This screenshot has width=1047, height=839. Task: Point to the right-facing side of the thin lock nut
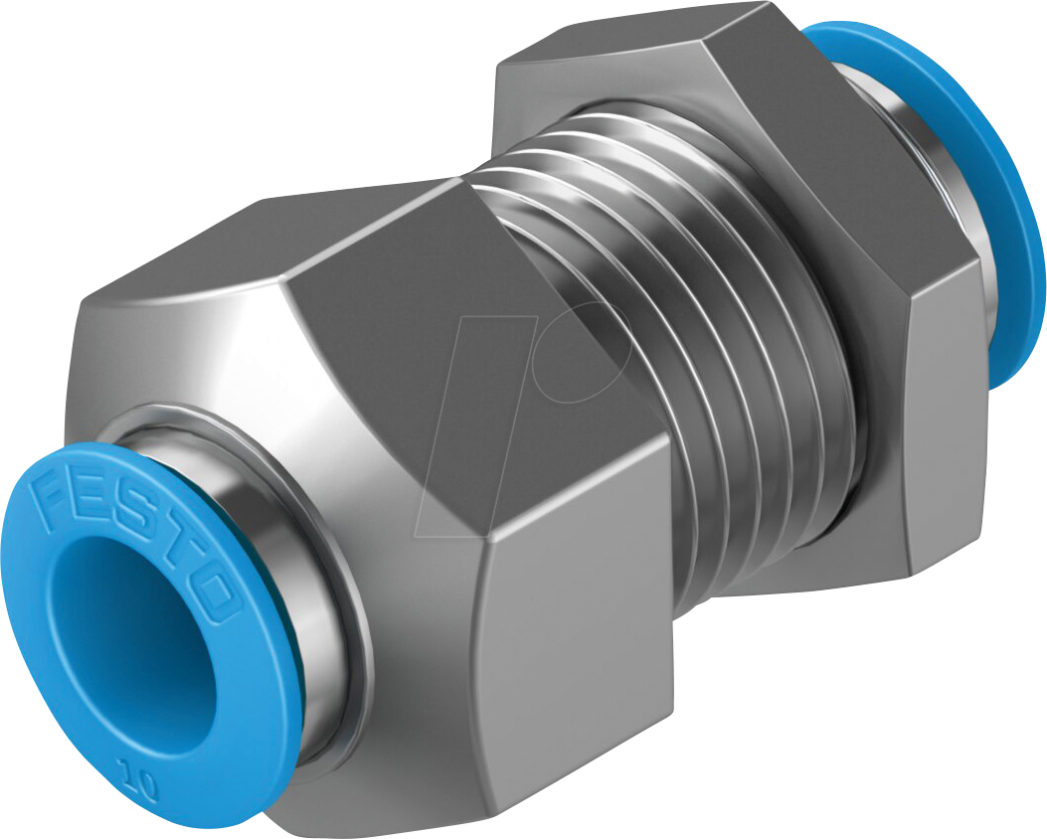pos(945,418)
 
